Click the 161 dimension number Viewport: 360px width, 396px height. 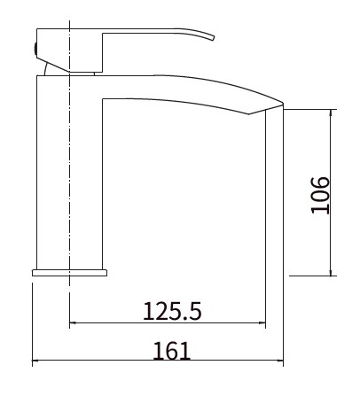(172, 351)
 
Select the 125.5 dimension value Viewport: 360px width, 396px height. (172, 311)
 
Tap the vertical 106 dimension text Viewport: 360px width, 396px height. (320, 195)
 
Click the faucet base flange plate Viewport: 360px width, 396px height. (69, 273)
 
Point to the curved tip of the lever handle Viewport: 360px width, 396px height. (214, 38)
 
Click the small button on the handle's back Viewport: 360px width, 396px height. (35, 49)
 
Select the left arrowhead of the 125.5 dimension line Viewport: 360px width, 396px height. (73, 322)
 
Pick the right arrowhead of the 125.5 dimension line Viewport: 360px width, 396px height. (262, 322)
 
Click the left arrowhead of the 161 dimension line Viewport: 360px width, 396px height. (35, 361)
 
